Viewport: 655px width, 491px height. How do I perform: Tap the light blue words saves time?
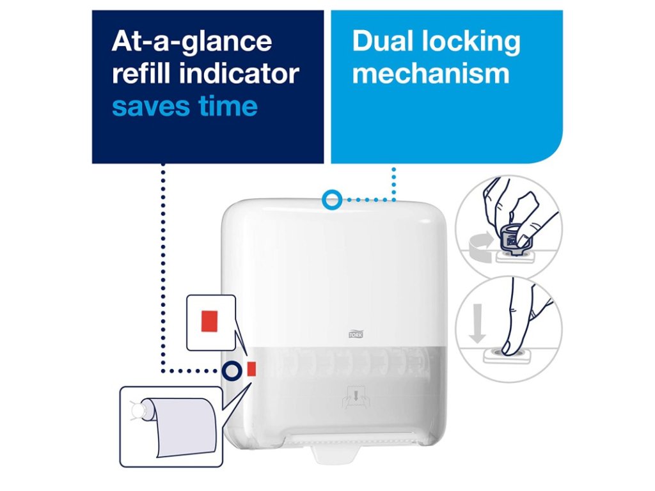(x=185, y=105)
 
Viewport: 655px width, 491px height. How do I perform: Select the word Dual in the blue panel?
(x=383, y=42)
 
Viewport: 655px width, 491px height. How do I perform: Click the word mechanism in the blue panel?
(x=430, y=74)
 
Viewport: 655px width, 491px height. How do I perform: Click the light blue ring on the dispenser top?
(x=331, y=199)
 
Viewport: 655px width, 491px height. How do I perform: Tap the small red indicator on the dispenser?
(x=251, y=368)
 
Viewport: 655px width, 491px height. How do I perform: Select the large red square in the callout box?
(x=209, y=321)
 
